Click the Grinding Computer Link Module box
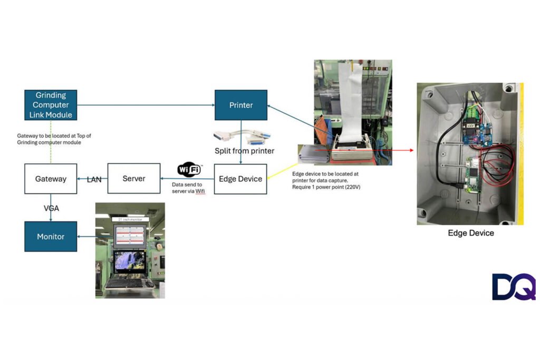coord(51,105)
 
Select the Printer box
coord(240,105)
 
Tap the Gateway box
coord(51,179)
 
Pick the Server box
coord(134,179)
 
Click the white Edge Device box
coord(240,179)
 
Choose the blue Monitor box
coord(51,237)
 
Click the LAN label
coord(94,180)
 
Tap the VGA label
coord(51,208)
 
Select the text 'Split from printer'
coord(244,151)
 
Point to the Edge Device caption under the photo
coord(470,232)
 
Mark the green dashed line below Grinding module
coord(51,142)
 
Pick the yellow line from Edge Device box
coord(282,167)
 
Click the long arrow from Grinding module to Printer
coord(146,105)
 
